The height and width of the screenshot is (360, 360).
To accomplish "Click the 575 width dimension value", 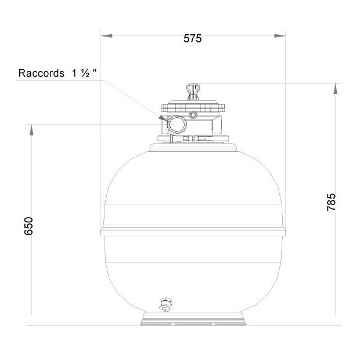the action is pos(192,38).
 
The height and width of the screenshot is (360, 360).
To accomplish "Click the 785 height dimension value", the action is pos(332,202).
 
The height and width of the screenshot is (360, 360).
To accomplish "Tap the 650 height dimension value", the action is pos(28,226).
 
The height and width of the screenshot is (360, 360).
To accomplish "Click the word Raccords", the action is pos(41,73).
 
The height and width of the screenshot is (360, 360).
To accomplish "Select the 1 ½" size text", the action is pos(84,73).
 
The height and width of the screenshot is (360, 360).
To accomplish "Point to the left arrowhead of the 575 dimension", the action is pos(106,35).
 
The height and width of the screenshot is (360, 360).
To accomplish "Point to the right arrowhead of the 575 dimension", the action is pos(280,35).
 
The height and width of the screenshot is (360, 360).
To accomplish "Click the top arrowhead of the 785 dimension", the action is pos(335,89).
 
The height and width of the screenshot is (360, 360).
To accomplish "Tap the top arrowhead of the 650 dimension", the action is pos(31,130).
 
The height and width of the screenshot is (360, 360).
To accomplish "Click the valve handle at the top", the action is pos(193,92).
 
